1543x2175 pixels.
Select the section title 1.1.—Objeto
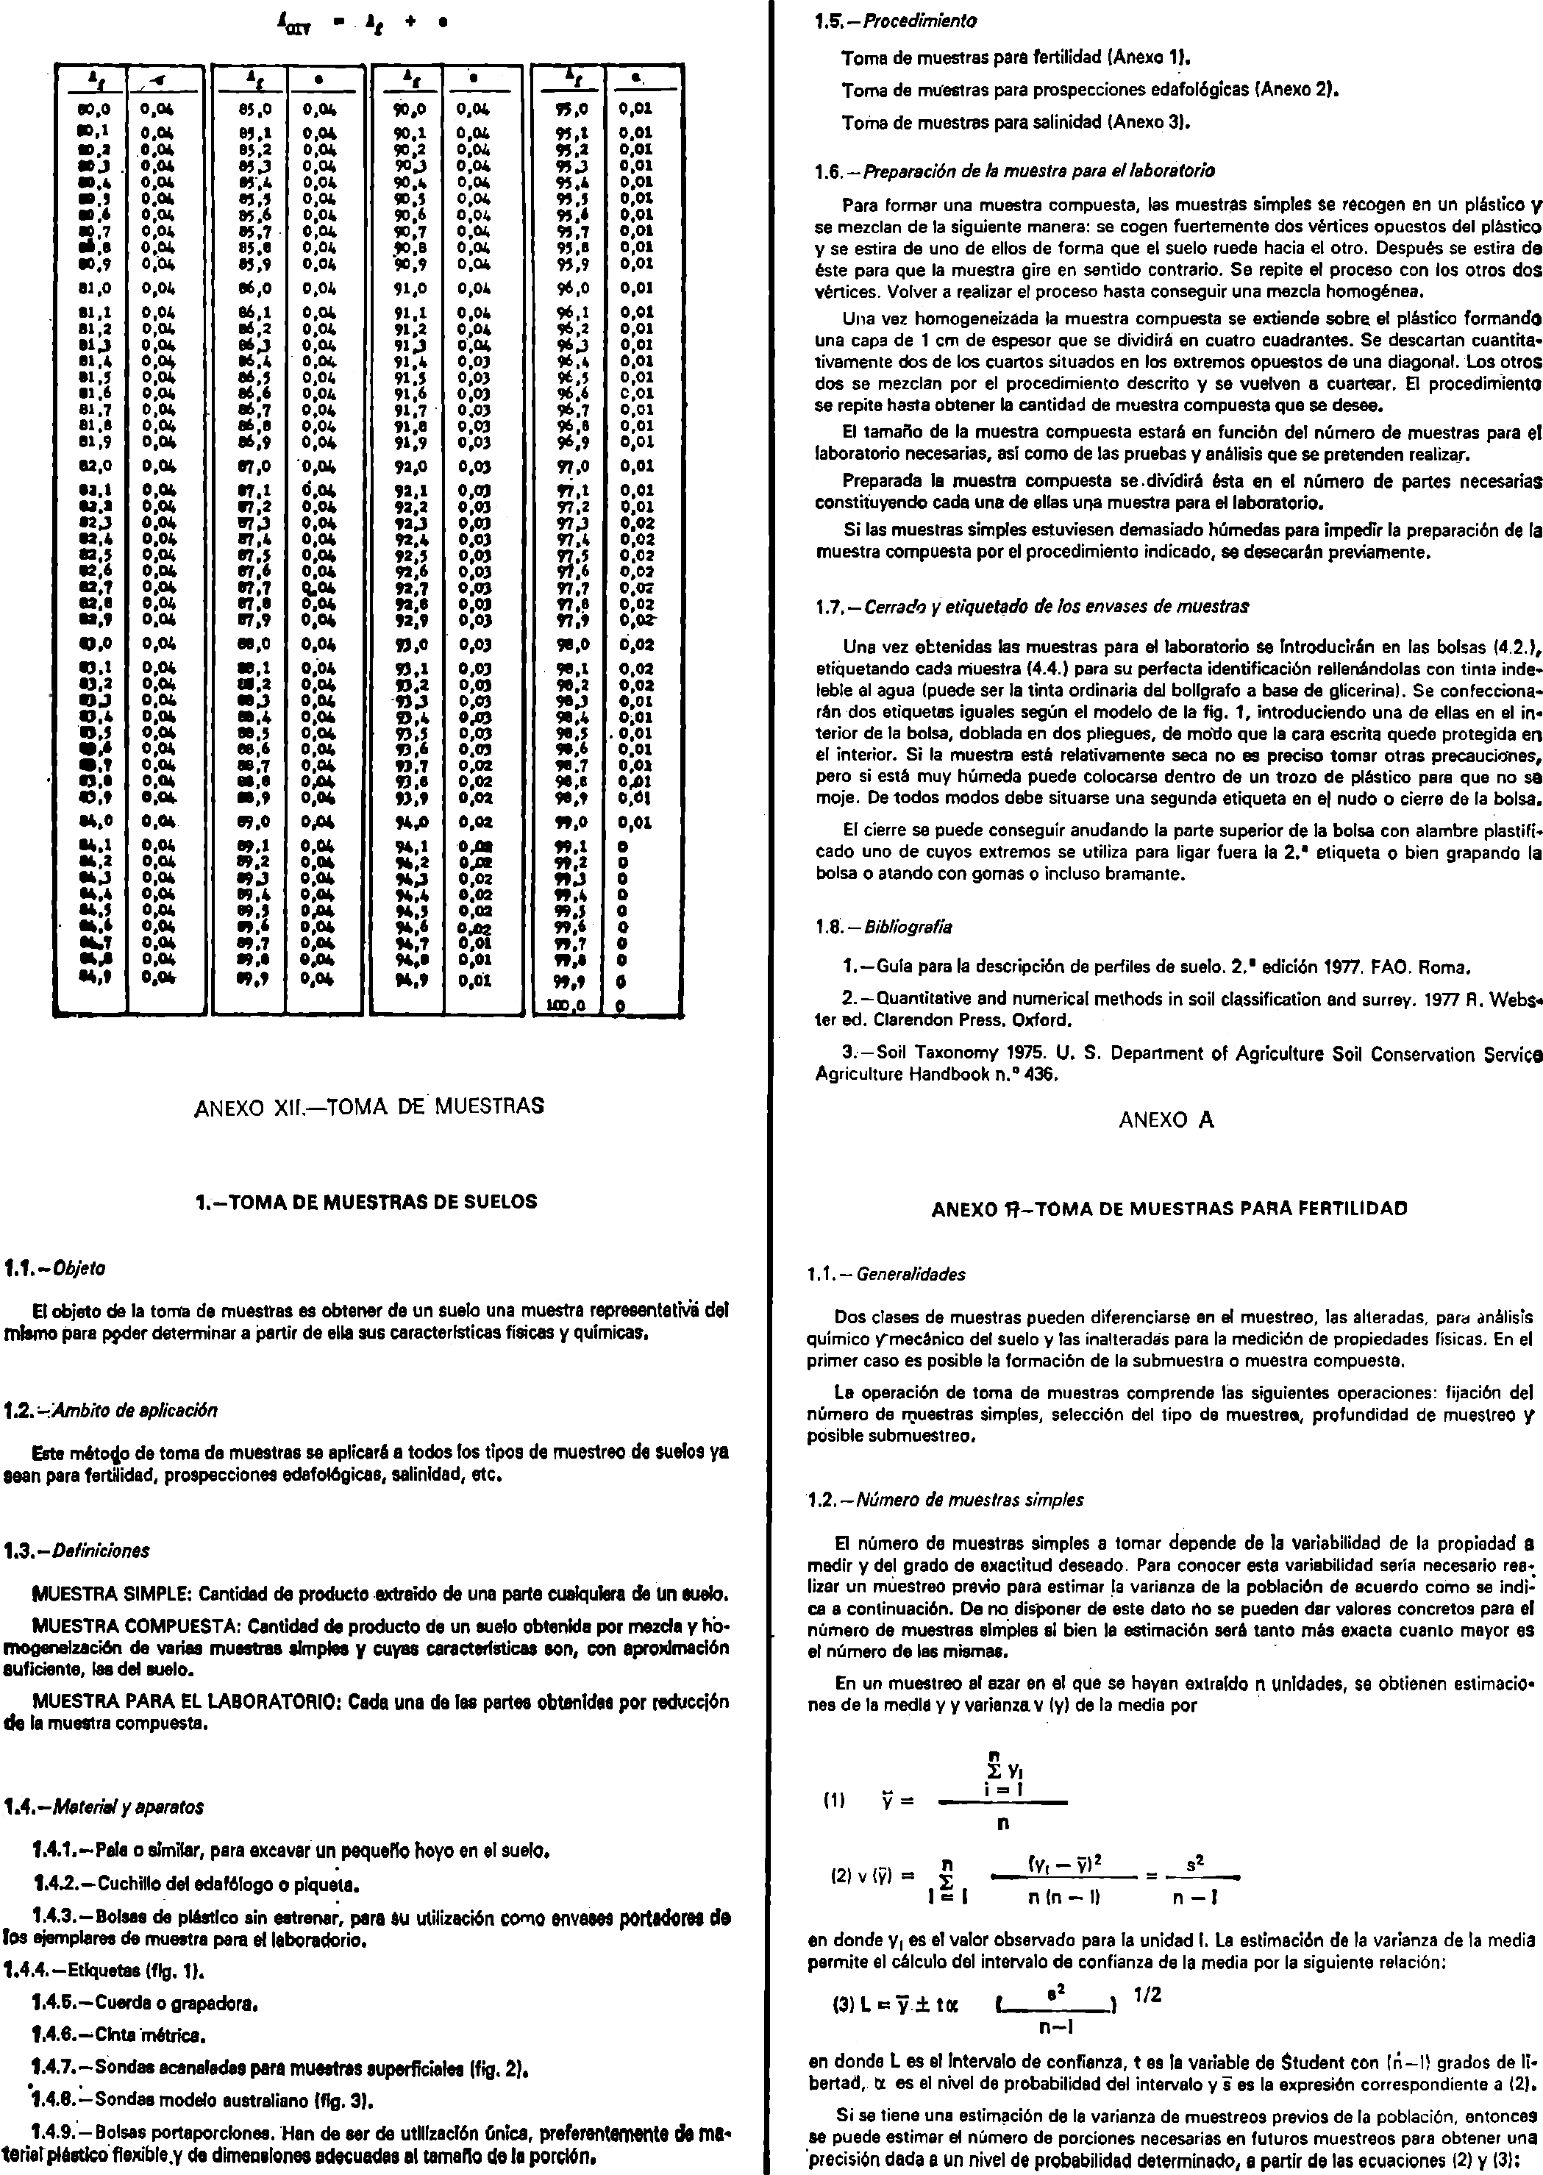55,1269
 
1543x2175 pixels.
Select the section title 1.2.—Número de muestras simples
945,1500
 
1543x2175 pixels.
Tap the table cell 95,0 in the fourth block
573,110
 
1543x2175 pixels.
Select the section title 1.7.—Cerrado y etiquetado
1032,606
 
